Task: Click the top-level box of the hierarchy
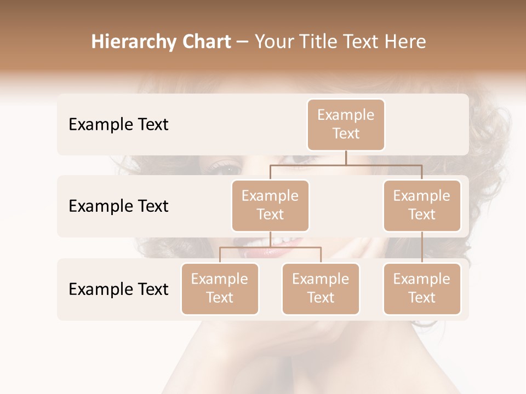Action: point(346,124)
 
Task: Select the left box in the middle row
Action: point(270,205)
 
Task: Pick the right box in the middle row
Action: point(422,205)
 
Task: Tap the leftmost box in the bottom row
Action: point(220,288)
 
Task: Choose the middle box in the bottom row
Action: point(321,288)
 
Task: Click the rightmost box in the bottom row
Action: point(422,288)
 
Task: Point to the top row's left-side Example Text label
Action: point(118,124)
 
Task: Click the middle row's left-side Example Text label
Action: point(118,206)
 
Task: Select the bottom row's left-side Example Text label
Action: point(118,289)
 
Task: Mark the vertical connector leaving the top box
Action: point(346,158)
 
